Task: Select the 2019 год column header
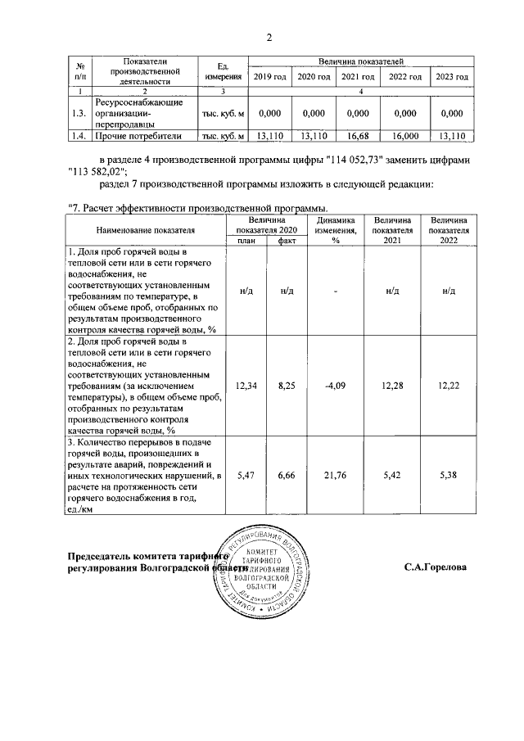tap(270, 76)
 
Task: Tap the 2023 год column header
tap(451, 76)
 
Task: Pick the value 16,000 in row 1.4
tap(405, 136)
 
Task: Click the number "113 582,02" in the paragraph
tap(100, 171)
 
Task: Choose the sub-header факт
tap(287, 241)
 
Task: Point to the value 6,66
tap(287, 474)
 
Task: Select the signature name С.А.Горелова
tap(435, 567)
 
